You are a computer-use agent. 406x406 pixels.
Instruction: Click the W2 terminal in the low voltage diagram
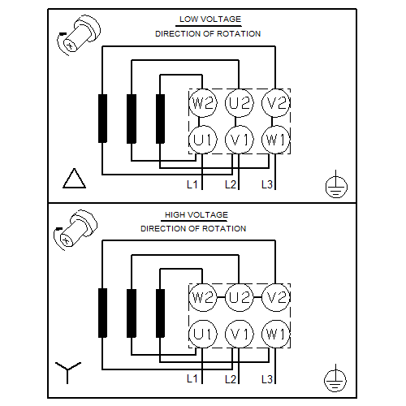[x=203, y=103]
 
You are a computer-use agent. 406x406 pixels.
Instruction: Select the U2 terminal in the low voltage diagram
[x=239, y=103]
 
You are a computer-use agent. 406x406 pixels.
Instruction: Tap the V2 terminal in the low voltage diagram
[x=275, y=103]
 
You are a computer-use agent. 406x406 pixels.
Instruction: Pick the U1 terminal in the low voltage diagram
[x=203, y=140]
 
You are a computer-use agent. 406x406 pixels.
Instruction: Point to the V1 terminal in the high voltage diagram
[x=239, y=334]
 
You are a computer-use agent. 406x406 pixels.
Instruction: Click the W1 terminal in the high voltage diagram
[x=275, y=334]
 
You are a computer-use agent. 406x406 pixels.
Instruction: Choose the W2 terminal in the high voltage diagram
[x=203, y=297]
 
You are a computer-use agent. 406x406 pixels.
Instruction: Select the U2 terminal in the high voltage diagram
[x=239, y=297]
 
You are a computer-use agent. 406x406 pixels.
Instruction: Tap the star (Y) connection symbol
[x=68, y=372]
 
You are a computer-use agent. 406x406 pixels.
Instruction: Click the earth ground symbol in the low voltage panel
[x=336, y=185]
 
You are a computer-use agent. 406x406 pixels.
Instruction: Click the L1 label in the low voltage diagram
[x=192, y=184]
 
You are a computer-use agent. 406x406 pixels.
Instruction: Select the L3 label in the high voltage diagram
[x=267, y=379]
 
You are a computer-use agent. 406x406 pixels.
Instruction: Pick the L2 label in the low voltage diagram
[x=231, y=184]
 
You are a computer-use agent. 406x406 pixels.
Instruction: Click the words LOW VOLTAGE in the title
[x=210, y=19]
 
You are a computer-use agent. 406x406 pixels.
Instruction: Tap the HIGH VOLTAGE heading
[x=197, y=215]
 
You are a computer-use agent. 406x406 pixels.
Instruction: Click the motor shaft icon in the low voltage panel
[x=79, y=36]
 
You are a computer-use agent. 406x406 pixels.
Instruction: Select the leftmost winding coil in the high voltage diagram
[x=102, y=313]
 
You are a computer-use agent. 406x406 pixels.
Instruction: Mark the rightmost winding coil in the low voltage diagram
[x=161, y=119]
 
